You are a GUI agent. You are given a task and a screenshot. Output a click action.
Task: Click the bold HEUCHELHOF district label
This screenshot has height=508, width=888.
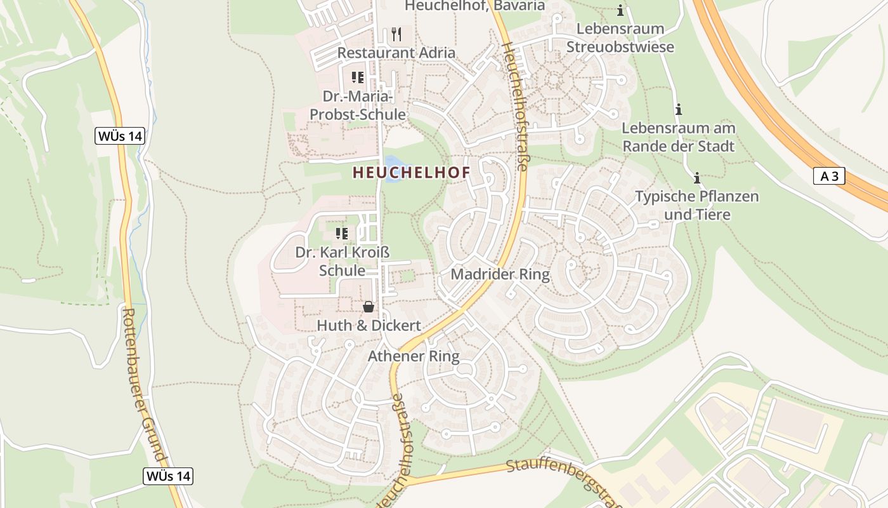(411, 173)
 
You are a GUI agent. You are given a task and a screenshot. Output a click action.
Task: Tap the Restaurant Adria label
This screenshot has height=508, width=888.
(396, 53)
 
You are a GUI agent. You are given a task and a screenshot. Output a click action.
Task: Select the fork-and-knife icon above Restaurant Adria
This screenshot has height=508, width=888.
(396, 34)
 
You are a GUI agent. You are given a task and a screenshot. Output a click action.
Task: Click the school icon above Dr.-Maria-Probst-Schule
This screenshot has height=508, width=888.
(358, 77)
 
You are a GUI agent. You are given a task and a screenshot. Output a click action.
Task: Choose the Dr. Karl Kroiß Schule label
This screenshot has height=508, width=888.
(342, 261)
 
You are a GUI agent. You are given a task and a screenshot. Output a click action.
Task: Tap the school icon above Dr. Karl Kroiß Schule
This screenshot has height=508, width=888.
(342, 234)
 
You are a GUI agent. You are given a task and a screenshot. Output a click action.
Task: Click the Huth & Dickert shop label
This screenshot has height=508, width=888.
(368, 326)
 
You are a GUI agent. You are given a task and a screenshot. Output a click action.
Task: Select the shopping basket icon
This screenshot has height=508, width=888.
(368, 307)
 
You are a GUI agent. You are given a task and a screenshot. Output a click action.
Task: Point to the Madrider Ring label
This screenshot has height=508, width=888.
(500, 274)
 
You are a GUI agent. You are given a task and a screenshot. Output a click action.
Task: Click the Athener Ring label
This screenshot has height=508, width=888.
(414, 356)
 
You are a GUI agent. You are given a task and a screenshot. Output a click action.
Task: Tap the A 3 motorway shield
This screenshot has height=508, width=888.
(829, 177)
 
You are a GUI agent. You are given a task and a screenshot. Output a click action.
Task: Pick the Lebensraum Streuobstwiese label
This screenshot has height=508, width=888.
(620, 38)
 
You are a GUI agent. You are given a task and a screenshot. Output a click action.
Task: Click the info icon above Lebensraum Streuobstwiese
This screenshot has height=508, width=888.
(620, 11)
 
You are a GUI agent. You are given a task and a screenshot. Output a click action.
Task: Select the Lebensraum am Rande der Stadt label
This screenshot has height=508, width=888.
(678, 137)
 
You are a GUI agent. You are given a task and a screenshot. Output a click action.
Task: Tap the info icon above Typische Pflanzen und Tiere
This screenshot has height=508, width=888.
(697, 178)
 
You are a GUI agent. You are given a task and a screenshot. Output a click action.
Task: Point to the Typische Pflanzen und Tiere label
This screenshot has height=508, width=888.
(696, 205)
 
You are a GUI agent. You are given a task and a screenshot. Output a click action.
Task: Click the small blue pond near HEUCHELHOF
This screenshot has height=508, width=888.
(392, 168)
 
